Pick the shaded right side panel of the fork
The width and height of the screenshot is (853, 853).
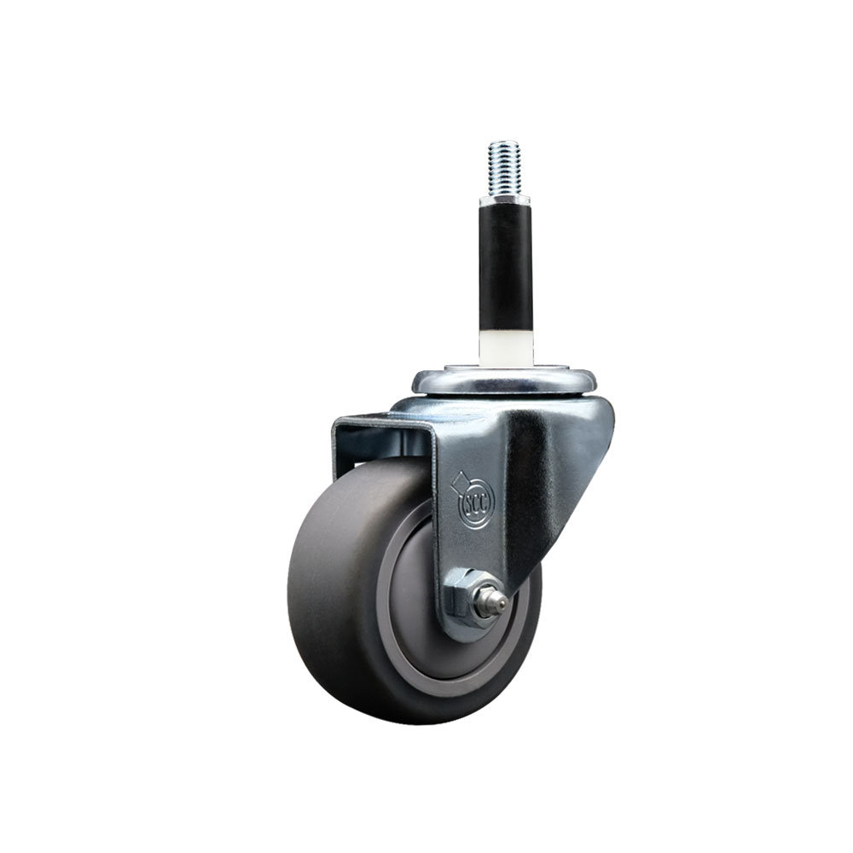(x=554, y=495)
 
